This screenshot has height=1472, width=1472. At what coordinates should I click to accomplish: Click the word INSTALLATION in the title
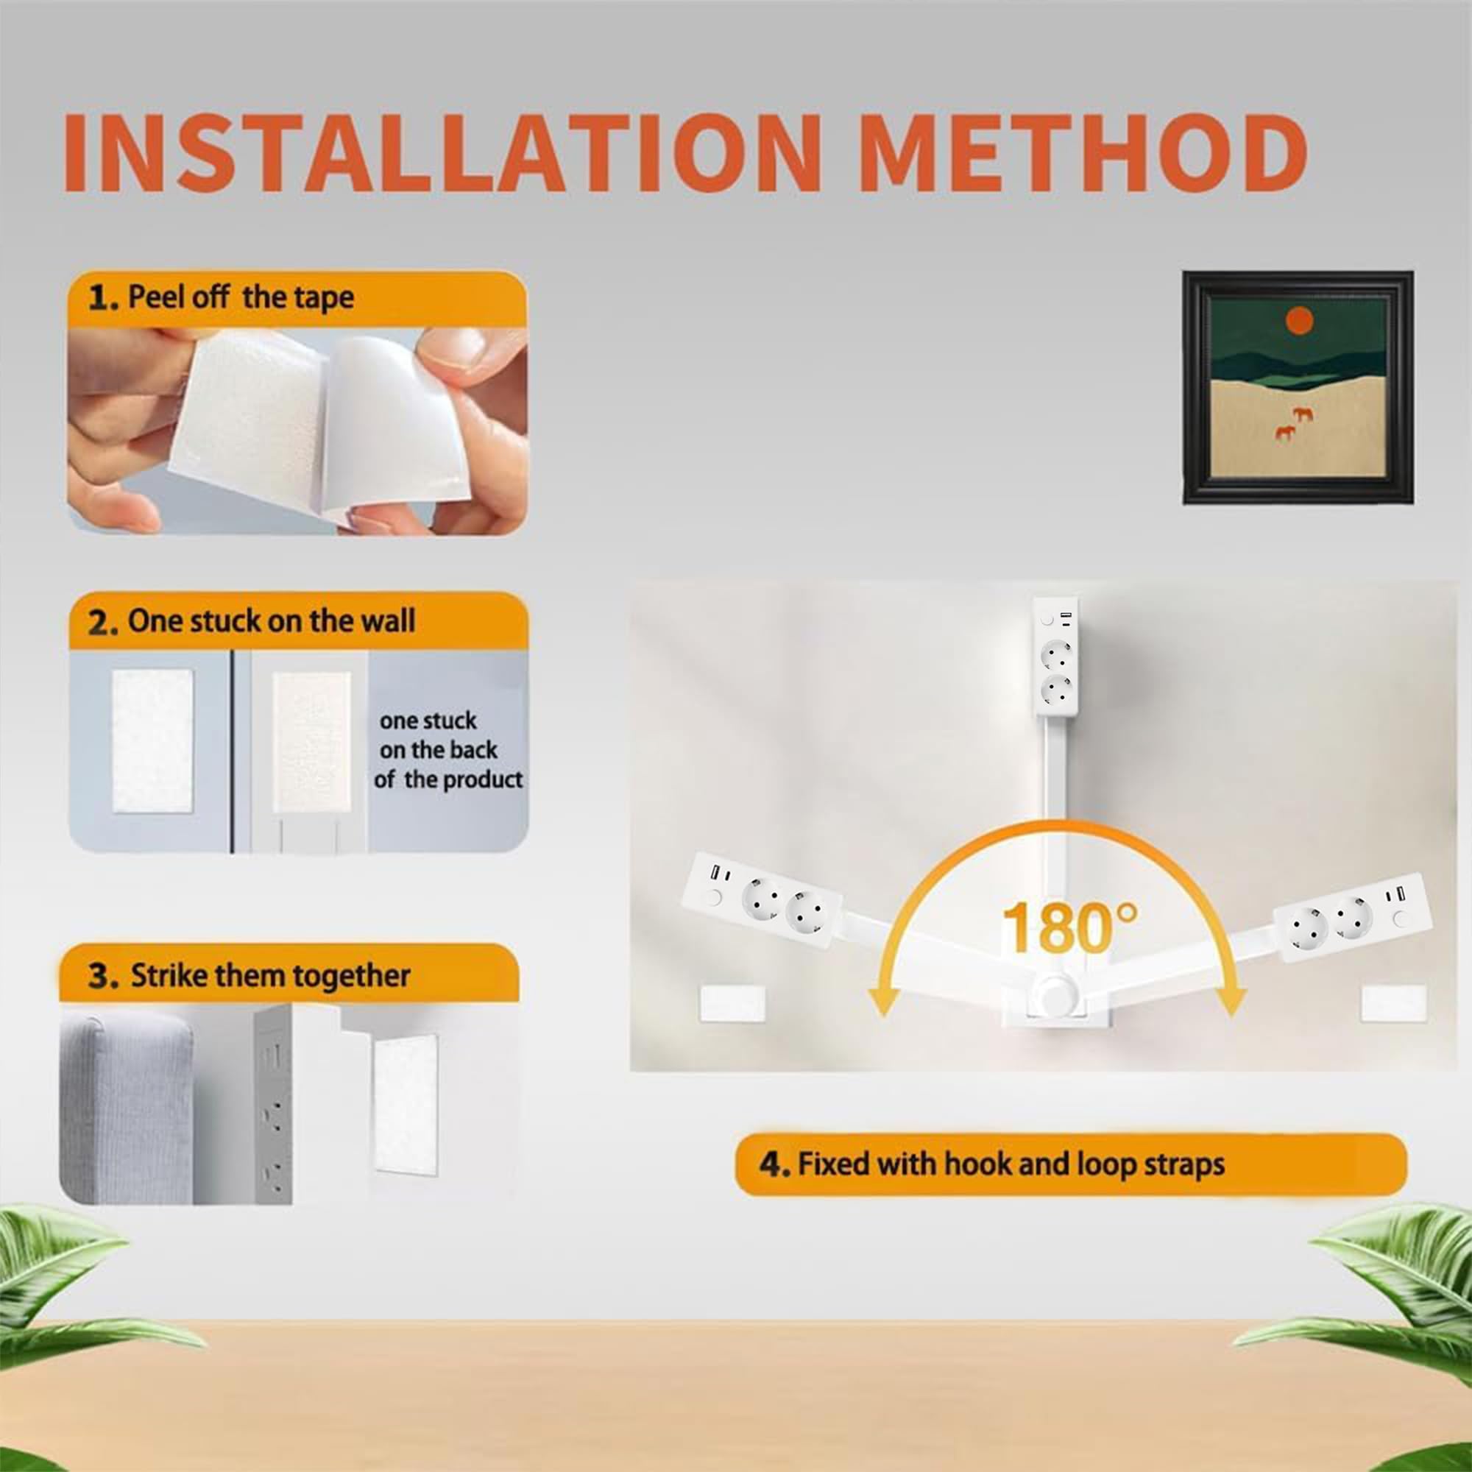442,152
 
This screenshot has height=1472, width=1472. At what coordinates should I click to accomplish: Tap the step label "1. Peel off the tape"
221,297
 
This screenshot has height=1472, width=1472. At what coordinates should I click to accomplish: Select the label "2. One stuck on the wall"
252,622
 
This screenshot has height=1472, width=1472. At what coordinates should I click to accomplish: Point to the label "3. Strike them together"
250,976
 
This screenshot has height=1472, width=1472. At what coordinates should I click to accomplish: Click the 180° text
1069,928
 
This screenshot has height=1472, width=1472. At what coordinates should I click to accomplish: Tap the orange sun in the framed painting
1299,320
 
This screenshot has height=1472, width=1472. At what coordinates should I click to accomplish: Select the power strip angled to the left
762,900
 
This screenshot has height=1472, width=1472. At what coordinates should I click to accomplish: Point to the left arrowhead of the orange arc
885,1001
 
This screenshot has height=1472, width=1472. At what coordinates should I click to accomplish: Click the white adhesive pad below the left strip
732,1004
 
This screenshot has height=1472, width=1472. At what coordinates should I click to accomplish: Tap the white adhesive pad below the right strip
1393,1004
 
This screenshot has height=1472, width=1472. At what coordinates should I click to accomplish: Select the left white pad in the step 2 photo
152,741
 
